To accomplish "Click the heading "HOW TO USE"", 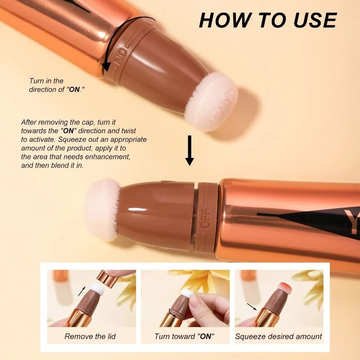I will [x=268, y=20].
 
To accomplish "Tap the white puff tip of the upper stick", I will [x=211, y=101].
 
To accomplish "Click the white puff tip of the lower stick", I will [x=102, y=209].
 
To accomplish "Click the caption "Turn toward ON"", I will [x=184, y=336].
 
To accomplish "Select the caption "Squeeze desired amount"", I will [x=279, y=336].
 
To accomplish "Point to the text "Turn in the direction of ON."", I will [x=57, y=85].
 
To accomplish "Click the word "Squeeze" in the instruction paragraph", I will [x=72, y=139].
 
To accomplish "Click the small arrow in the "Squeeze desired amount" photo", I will [x=252, y=306].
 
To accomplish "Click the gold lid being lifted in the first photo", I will [x=108, y=279].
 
